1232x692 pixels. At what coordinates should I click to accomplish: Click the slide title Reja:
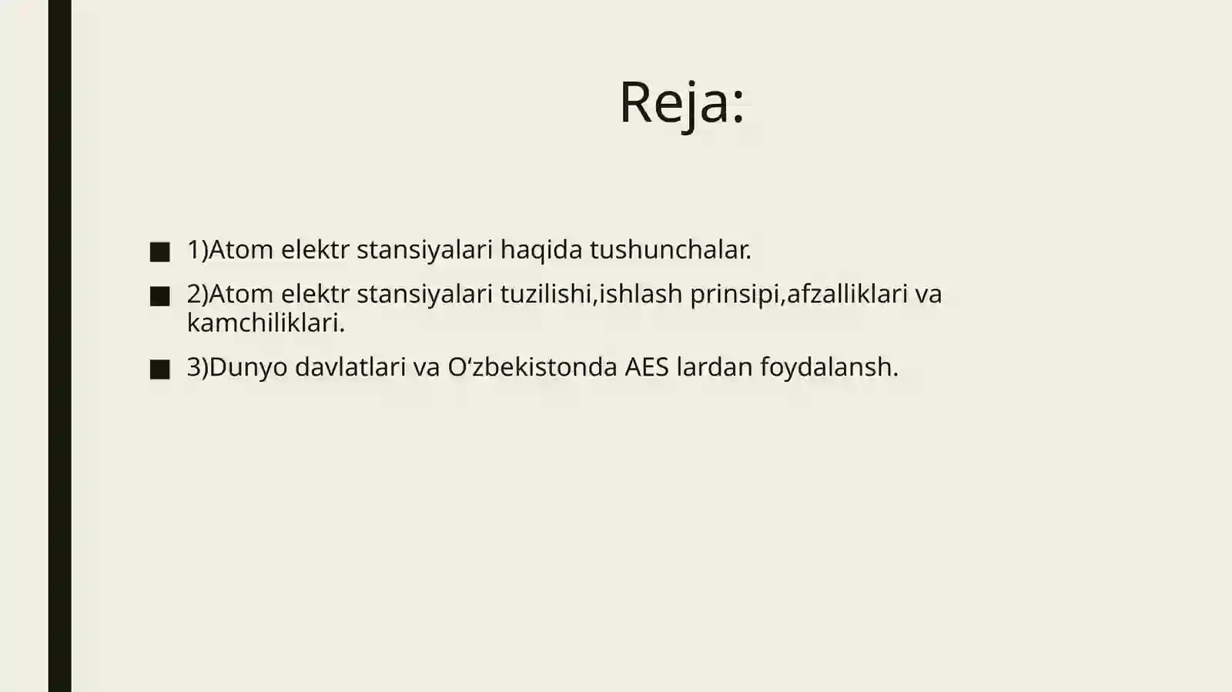(x=681, y=102)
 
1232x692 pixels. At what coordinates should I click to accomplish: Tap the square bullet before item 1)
(x=160, y=252)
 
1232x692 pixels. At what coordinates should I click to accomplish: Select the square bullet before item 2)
(x=160, y=296)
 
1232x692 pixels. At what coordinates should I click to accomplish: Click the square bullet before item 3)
(x=160, y=369)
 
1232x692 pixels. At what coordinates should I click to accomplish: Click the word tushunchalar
(x=670, y=249)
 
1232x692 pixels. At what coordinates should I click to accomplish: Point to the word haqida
(x=541, y=249)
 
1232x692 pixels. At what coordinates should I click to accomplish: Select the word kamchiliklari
(x=266, y=323)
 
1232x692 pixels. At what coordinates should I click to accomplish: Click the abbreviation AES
(x=647, y=366)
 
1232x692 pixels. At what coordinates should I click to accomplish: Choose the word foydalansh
(x=829, y=366)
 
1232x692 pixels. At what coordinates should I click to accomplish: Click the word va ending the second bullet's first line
(x=929, y=293)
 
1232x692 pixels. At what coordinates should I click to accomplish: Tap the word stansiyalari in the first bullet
(x=424, y=249)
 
